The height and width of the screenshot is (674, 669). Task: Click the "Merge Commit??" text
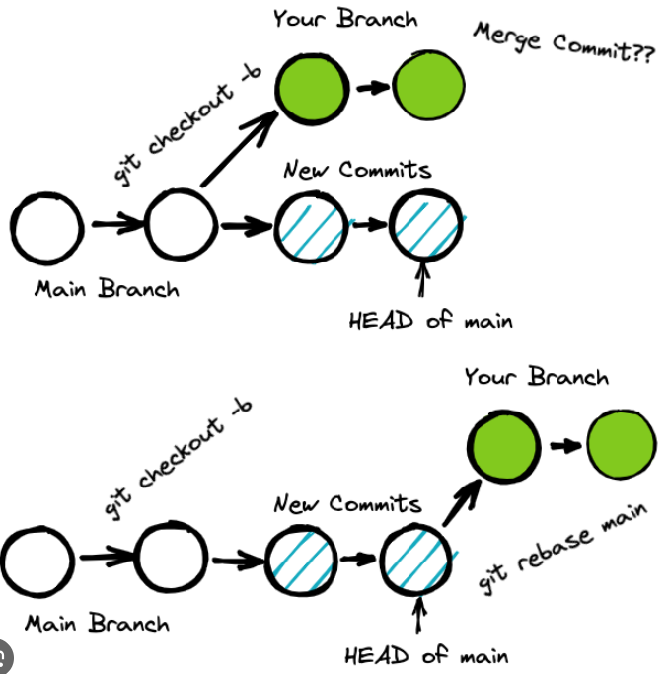pyautogui.click(x=563, y=45)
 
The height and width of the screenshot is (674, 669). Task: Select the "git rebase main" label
pyautogui.click(x=563, y=549)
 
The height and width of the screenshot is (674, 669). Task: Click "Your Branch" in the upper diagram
pyautogui.click(x=345, y=18)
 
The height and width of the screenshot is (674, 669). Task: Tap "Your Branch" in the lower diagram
pyautogui.click(x=537, y=377)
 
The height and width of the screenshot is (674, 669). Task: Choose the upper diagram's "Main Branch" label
pyautogui.click(x=107, y=289)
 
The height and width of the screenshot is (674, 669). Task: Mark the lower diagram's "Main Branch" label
pyautogui.click(x=97, y=624)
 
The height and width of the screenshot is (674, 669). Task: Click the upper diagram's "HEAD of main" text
pyautogui.click(x=430, y=321)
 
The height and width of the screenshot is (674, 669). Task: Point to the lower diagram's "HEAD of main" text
pyautogui.click(x=426, y=655)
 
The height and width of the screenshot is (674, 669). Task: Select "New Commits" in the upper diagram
pyautogui.click(x=357, y=170)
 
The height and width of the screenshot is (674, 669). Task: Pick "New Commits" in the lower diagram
pyautogui.click(x=347, y=505)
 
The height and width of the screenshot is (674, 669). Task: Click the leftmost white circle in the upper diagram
pyautogui.click(x=46, y=226)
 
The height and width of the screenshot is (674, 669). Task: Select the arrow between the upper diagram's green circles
pyautogui.click(x=370, y=88)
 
